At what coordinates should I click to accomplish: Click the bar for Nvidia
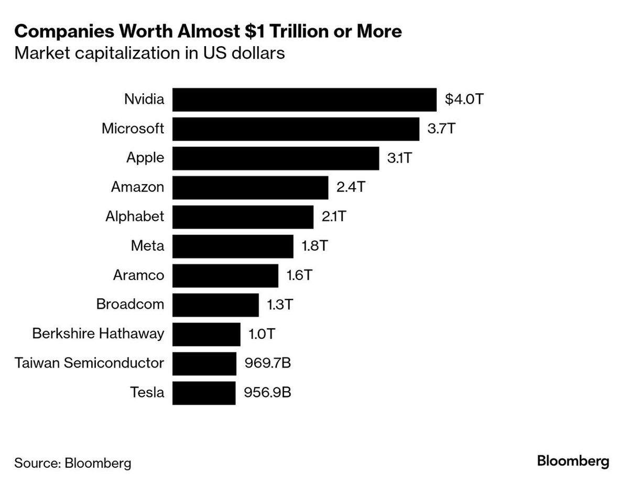pos(304,100)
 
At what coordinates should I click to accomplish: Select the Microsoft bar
pos(296,129)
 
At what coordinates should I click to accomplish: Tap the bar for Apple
pos(276,158)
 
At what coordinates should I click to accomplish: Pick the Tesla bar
pos(204,393)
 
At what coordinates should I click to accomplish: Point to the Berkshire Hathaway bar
pos(206,334)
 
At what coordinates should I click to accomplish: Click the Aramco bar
pos(225,275)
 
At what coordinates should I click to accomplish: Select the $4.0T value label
pos(463,100)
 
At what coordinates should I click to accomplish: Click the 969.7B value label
pos(267,363)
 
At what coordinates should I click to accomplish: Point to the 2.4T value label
pos(350,187)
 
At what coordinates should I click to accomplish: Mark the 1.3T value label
pos(280,305)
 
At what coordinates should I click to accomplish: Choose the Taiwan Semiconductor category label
pos(89,363)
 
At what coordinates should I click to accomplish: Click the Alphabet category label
pos(135,217)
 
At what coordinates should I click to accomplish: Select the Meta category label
pos(147,246)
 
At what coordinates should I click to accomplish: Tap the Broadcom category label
pos(130,305)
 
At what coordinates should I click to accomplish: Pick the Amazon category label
pos(137,187)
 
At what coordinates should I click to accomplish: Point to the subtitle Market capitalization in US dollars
pos(149,53)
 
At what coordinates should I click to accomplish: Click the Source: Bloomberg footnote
pos(72,463)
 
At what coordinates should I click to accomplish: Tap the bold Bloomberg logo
pos(573,461)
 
